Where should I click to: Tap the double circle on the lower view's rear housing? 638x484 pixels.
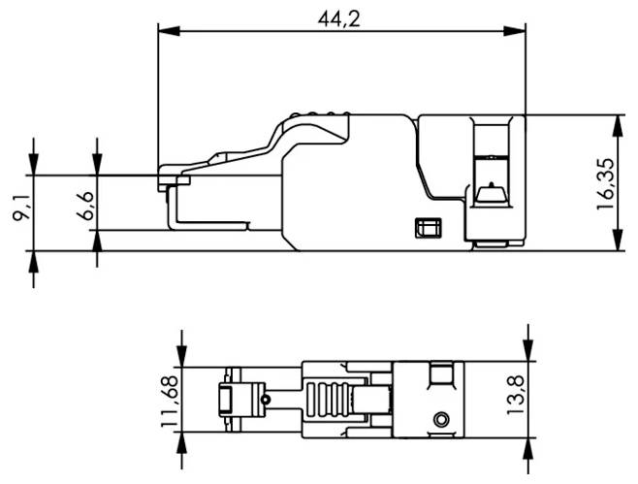(442, 419)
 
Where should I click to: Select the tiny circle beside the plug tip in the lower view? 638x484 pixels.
(263, 399)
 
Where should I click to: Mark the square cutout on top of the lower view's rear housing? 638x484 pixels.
(441, 373)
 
